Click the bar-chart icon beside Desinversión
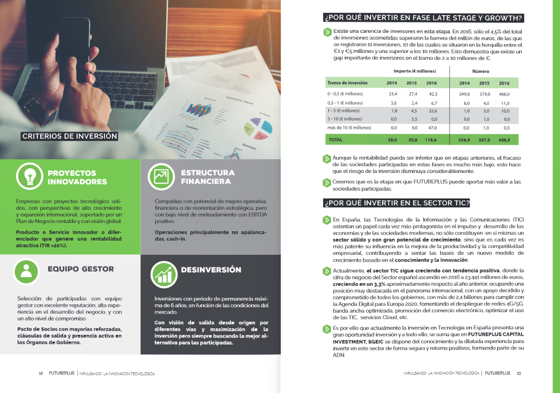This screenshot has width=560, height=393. click(x=162, y=273)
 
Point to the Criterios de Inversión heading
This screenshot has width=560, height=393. click(x=69, y=136)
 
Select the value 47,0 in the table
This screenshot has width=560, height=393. click(x=432, y=127)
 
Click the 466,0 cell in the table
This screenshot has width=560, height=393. click(x=504, y=94)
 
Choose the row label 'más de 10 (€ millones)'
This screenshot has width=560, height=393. click(x=349, y=127)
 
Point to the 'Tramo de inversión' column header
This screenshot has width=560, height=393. click(x=348, y=83)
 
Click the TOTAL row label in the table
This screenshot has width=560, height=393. click(x=335, y=140)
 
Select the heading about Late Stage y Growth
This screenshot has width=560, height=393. click(x=424, y=19)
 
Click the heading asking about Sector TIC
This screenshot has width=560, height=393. click(x=397, y=203)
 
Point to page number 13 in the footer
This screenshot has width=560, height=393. click(x=518, y=373)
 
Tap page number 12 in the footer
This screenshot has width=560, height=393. click(x=41, y=373)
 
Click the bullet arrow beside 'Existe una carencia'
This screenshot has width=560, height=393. click(x=327, y=32)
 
